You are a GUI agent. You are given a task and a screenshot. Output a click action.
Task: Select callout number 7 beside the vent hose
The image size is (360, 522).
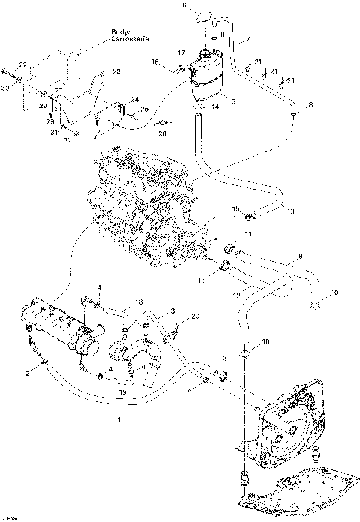(247, 38)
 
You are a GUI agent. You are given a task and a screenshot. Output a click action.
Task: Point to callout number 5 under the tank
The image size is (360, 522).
(233, 101)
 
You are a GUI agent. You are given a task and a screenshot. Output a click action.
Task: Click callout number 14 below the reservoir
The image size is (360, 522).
(214, 107)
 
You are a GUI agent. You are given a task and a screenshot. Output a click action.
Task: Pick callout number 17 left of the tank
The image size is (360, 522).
(180, 52)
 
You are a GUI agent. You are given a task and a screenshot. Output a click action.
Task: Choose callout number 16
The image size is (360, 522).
(154, 61)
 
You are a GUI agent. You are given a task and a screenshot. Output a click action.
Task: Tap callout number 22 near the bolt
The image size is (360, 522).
(22, 66)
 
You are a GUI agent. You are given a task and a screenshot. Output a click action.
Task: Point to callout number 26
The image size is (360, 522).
(162, 133)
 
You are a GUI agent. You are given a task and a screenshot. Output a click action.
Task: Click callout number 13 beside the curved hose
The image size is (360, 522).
(290, 211)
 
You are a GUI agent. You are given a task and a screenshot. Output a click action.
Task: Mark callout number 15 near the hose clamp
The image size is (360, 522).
(235, 208)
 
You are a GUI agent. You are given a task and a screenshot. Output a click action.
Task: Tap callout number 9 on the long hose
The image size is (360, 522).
(300, 256)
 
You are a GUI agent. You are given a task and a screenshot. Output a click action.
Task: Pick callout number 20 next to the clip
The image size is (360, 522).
(195, 316)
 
